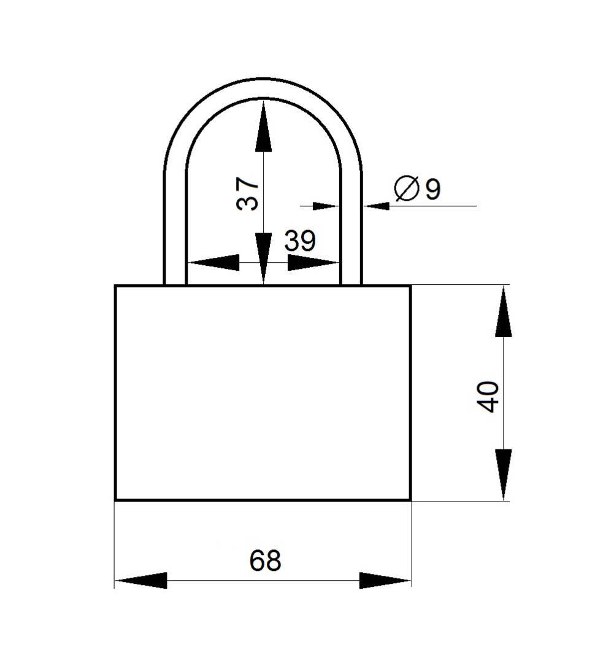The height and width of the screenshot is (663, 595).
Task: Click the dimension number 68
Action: click(265, 560)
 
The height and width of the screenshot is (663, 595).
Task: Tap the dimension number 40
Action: click(487, 397)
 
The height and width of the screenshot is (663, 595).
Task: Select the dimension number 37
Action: click(247, 194)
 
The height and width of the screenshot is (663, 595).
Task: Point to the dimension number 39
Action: click(299, 241)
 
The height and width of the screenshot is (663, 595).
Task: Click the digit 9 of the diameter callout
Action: click(432, 189)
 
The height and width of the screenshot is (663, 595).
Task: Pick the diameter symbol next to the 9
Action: click(406, 188)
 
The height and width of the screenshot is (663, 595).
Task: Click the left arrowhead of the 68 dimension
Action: click(140, 580)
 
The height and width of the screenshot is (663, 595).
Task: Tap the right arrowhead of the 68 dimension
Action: click(385, 580)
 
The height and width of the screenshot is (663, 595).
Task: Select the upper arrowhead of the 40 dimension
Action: click(504, 312)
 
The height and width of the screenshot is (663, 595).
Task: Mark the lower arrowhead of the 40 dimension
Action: click(504, 475)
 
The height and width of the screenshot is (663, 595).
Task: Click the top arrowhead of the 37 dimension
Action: click(263, 126)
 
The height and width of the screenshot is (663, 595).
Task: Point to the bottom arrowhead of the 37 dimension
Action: click(263, 258)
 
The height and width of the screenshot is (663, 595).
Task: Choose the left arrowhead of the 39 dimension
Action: click(213, 263)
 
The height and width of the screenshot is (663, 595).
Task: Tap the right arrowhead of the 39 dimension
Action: click(313, 263)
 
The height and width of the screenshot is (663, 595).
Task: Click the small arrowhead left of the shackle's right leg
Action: click(326, 206)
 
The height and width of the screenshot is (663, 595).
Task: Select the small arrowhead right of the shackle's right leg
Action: click(376, 206)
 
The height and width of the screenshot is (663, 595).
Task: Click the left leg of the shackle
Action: click(175, 228)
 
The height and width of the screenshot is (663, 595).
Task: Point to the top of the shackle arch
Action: click(263, 88)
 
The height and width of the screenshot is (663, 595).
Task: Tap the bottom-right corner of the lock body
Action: click(410, 500)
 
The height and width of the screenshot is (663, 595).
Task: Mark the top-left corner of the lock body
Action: click(115, 286)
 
